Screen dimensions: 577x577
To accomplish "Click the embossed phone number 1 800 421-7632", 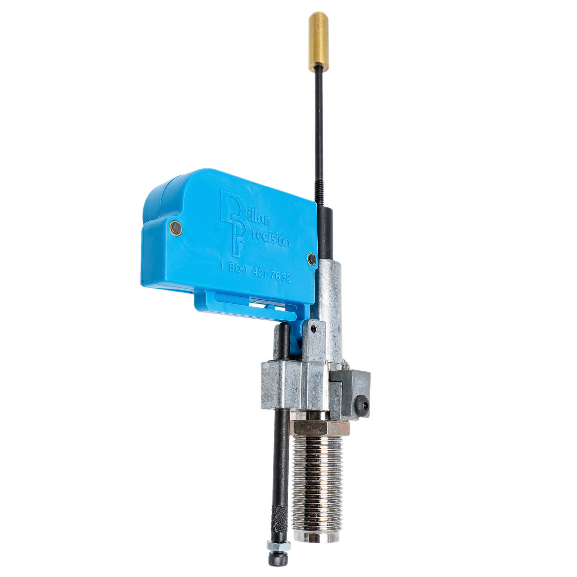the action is click(255, 273).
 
